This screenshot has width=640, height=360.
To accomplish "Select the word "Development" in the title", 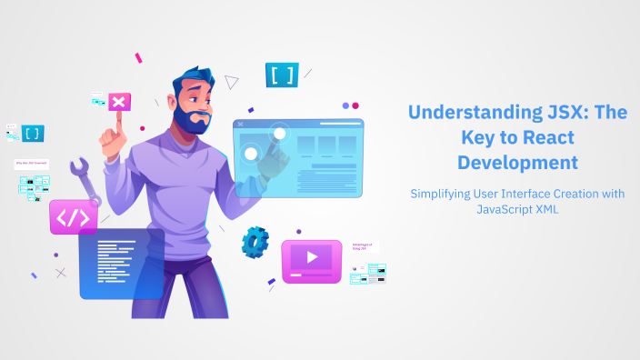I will pyautogui.click(x=517, y=163).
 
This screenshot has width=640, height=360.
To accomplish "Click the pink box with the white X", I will pyautogui.click(x=118, y=103).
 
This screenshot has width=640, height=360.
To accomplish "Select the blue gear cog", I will pyautogui.click(x=255, y=242).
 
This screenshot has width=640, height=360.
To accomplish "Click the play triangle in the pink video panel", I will pyautogui.click(x=312, y=257).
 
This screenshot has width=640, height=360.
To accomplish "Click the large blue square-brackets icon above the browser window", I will pyautogui.click(x=282, y=75).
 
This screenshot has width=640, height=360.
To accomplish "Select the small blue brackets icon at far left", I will pyautogui.click(x=32, y=133).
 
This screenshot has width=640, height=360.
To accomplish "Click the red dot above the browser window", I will pyautogui.click(x=355, y=105).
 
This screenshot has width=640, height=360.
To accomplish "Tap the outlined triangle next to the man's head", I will pyautogui.click(x=231, y=82).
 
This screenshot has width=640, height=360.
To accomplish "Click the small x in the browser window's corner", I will pyautogui.click(x=240, y=124).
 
